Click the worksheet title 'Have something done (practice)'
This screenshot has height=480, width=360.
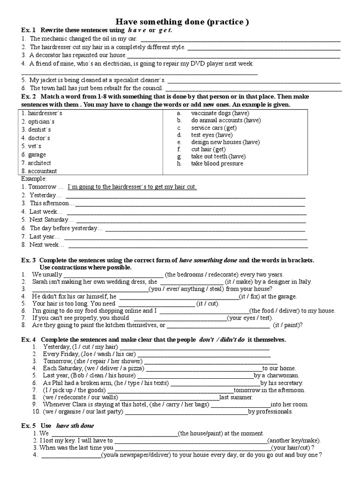click(x=182, y=22)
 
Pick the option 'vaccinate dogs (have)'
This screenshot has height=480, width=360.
click(x=220, y=113)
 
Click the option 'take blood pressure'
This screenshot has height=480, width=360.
click(x=217, y=164)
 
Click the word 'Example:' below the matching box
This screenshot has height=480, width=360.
click(x=34, y=179)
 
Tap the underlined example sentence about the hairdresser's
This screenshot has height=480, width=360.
click(x=132, y=187)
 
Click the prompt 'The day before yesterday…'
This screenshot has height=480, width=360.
click(x=66, y=228)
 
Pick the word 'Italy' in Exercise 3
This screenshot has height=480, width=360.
click(x=303, y=282)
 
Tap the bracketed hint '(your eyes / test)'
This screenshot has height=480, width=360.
click(x=250, y=317)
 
